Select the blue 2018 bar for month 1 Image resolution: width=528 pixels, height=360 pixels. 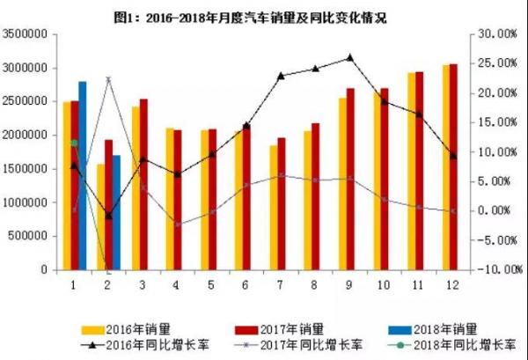(83, 175)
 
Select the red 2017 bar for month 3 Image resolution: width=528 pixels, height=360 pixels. (143, 184)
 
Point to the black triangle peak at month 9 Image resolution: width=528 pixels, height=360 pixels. (349, 57)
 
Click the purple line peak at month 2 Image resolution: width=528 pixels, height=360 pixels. (108, 79)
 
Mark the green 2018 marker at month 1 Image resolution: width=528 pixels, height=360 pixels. (74, 142)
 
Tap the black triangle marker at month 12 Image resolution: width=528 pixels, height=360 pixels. (452, 156)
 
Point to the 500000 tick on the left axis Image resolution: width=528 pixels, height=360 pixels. (32, 237)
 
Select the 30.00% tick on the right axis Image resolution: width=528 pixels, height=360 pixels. (493, 34)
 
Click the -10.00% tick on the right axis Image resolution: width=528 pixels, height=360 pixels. (491, 270)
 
